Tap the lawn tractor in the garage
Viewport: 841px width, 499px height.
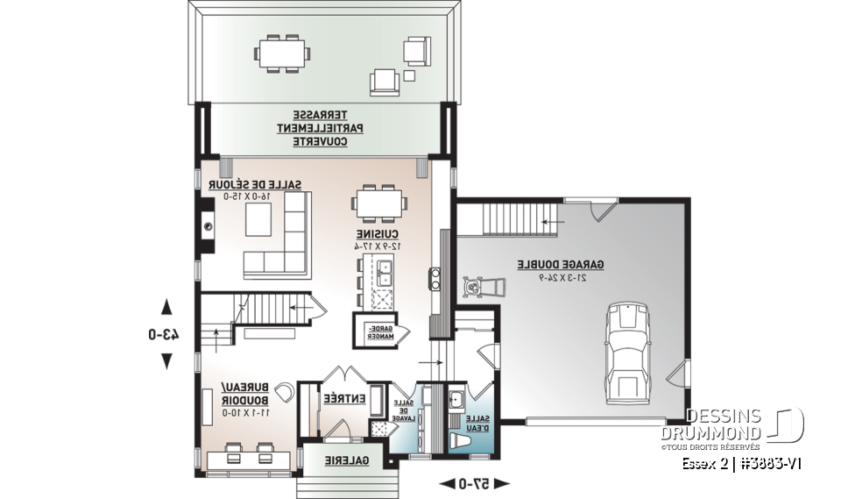click(x=482, y=288)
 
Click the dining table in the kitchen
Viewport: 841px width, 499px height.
click(x=380, y=203)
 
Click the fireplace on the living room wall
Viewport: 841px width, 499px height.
click(x=208, y=225)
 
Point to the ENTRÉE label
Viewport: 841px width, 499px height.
click(x=344, y=397)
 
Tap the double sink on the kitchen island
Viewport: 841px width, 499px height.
click(x=384, y=272)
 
